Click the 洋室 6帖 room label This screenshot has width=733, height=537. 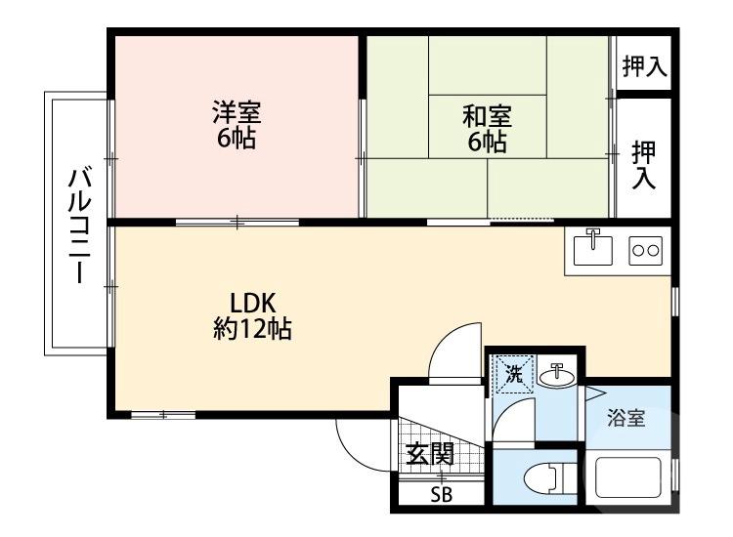point(237,125)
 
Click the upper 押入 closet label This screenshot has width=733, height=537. point(644,66)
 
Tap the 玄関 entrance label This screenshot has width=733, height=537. point(430,455)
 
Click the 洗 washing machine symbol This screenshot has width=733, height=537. point(513,372)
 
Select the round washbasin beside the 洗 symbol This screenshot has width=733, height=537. point(557,372)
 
